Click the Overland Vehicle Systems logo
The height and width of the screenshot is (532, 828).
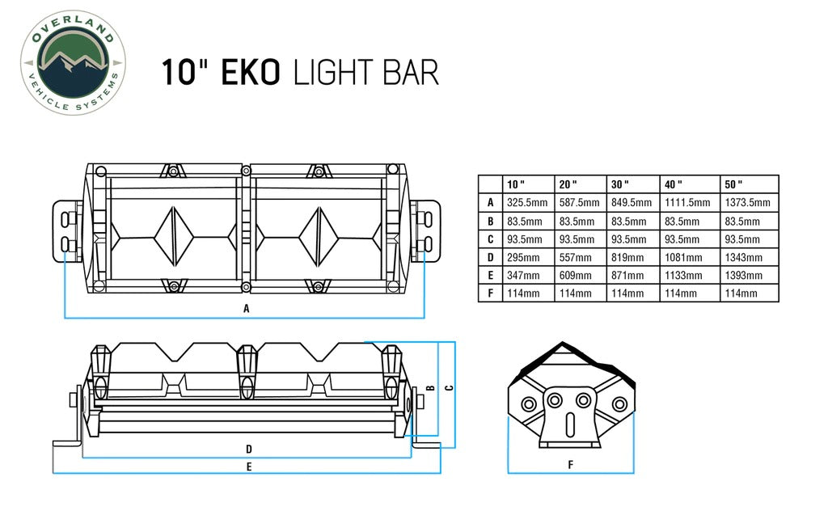(x=73, y=62)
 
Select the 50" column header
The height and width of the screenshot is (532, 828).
(x=734, y=184)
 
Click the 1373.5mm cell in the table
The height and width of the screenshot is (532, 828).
(x=748, y=203)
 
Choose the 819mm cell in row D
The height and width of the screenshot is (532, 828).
(x=627, y=258)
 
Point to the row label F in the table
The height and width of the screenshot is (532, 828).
(x=490, y=293)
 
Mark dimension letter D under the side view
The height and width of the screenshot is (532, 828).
(x=249, y=448)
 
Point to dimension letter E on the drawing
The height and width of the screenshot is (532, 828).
(x=249, y=466)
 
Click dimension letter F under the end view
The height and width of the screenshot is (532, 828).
(x=570, y=464)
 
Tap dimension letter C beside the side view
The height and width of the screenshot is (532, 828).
(x=449, y=386)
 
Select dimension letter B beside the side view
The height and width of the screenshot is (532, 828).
(x=431, y=387)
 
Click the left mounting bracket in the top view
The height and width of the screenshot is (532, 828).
(x=68, y=230)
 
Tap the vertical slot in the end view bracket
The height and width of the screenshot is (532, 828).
(x=569, y=422)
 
